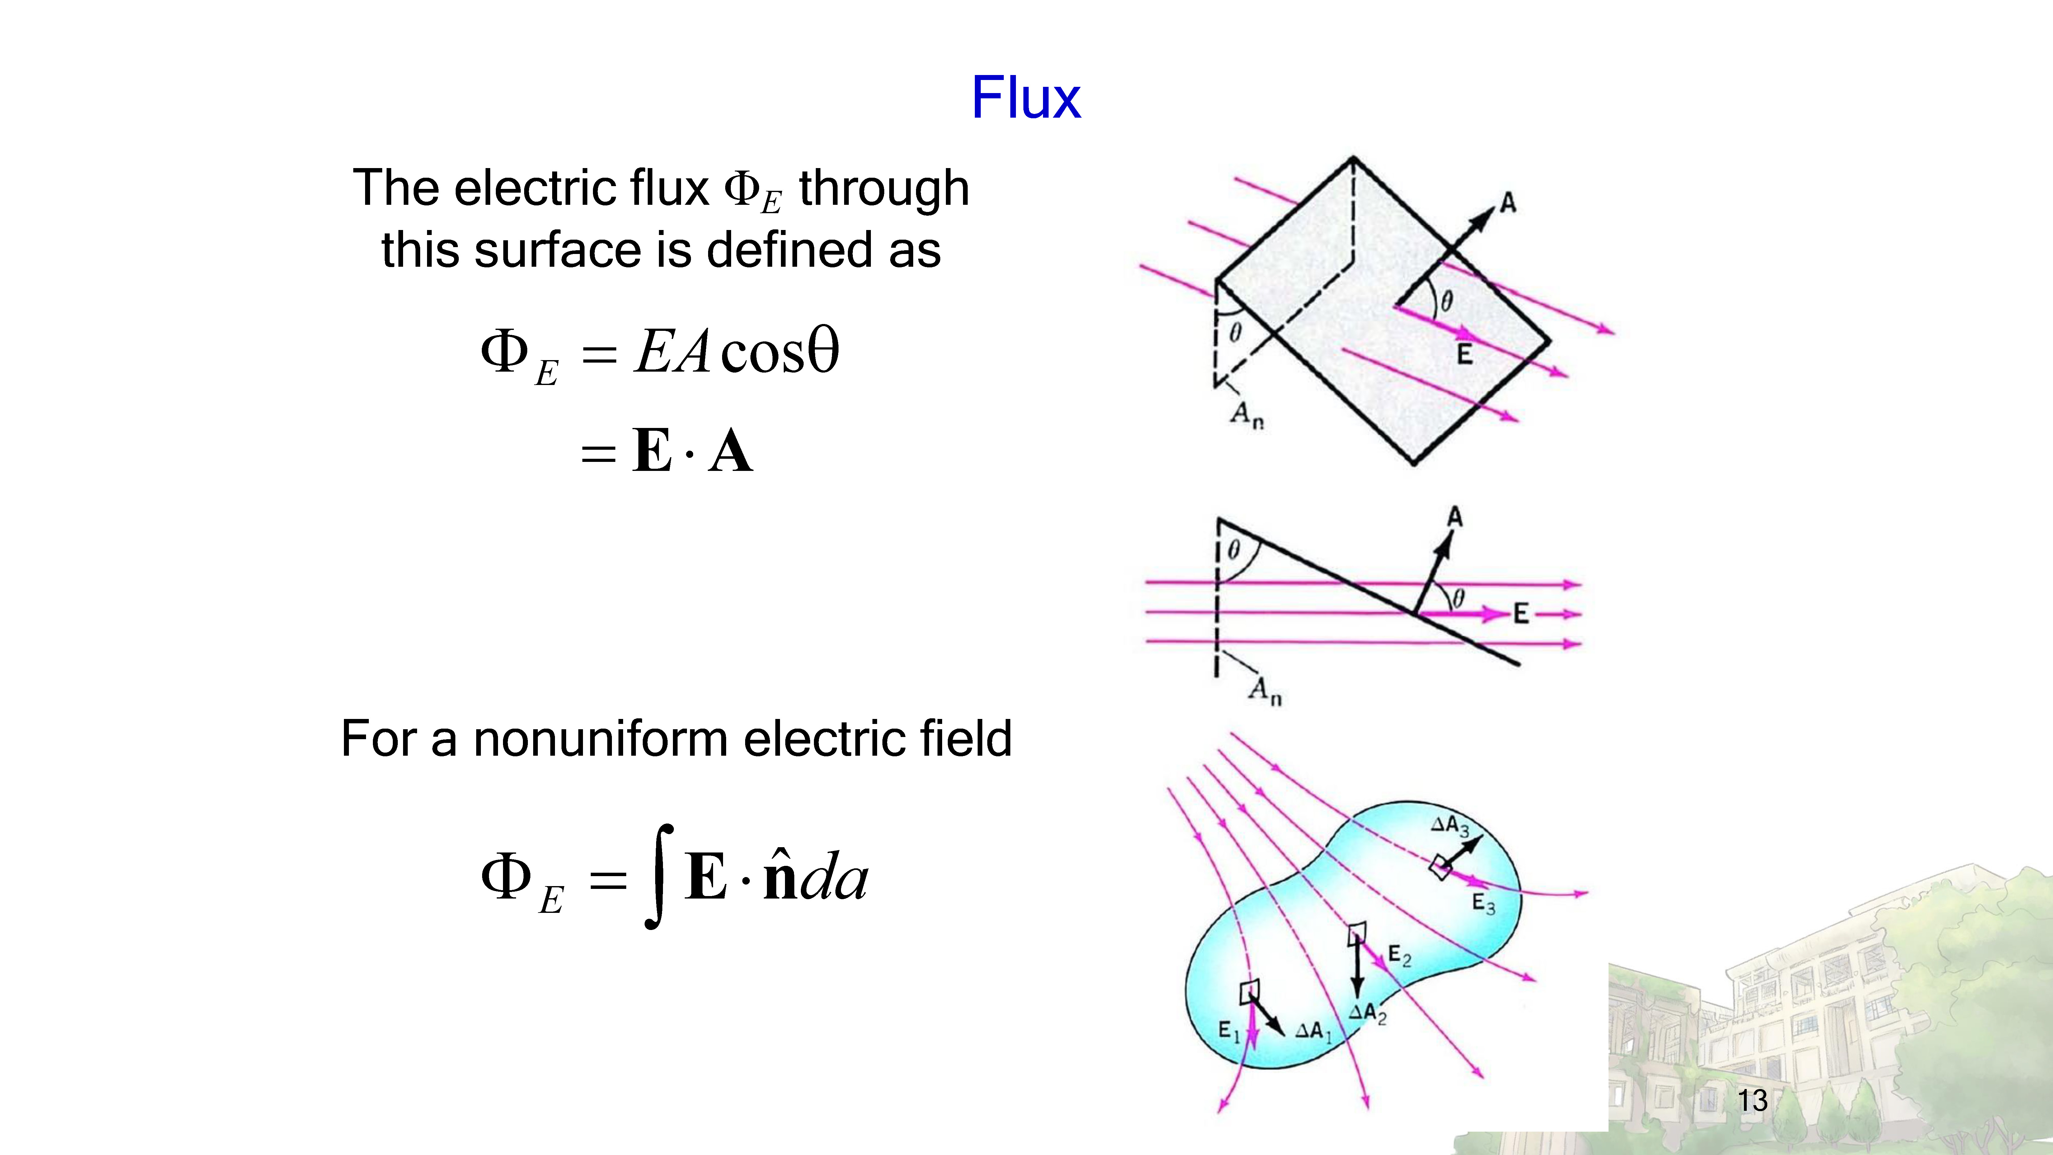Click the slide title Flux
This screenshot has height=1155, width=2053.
tap(1026, 98)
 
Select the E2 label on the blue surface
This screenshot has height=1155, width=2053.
tap(1399, 956)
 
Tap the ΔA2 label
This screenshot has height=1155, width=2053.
tap(1368, 1013)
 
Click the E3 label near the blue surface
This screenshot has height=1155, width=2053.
tap(1483, 904)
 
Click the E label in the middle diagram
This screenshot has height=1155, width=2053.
tap(1521, 613)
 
